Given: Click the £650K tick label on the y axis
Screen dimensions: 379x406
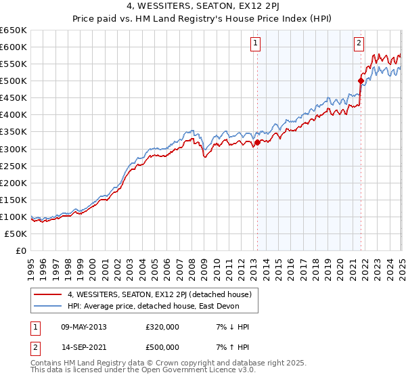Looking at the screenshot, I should pos(14,30).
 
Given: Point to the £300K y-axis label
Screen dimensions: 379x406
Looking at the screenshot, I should pos(14,149).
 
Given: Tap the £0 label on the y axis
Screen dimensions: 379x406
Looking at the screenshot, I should pos(21,250).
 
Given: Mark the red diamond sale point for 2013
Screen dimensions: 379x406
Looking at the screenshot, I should pos(257,142).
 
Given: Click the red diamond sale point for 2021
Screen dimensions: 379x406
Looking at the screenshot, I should pos(361,81).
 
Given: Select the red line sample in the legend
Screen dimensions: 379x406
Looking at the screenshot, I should pos(48,294).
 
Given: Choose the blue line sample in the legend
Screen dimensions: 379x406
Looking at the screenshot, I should pos(48,306).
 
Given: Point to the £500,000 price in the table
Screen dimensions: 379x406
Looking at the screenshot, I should pos(162,346).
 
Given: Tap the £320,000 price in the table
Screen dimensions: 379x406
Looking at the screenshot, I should pos(162,327).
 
